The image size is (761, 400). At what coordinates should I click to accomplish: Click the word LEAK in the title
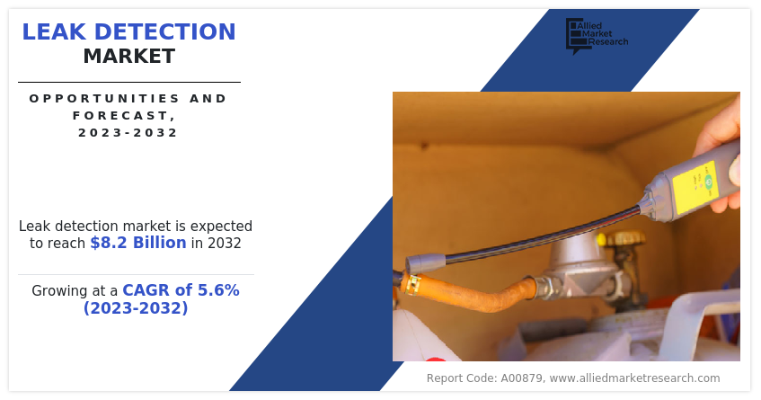click(x=54, y=32)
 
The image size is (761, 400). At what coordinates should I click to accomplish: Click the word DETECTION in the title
click(x=164, y=32)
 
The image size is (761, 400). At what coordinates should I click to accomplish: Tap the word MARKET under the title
click(x=129, y=57)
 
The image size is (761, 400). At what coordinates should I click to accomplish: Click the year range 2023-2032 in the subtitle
click(x=128, y=132)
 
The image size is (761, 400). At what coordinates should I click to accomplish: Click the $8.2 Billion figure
click(x=138, y=243)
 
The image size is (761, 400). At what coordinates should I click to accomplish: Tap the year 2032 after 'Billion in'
click(x=225, y=243)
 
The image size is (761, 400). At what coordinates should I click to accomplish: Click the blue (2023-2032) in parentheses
click(x=136, y=307)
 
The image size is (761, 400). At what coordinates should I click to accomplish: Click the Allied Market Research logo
click(x=597, y=35)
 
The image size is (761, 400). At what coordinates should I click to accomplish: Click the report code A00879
click(x=522, y=378)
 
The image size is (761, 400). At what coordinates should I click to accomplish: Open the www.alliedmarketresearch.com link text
click(x=635, y=378)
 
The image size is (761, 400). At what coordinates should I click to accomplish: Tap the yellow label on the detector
click(x=695, y=188)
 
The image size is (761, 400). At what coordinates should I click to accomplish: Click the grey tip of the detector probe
click(x=425, y=264)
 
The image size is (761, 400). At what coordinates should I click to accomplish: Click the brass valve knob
click(x=625, y=238)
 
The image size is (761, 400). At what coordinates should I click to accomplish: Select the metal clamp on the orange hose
click(x=412, y=284)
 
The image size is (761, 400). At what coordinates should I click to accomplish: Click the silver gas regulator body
click(x=578, y=270)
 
